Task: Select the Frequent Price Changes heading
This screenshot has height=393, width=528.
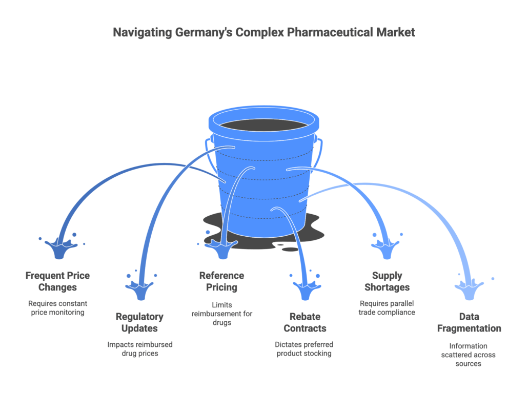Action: tap(57, 281)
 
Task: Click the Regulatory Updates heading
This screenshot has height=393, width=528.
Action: tap(139, 322)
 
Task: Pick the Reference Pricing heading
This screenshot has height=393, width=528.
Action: tap(221, 281)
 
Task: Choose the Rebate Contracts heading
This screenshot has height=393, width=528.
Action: tap(304, 322)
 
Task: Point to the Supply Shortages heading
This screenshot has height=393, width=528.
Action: tap(387, 281)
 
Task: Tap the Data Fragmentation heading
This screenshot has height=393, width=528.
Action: tap(469, 322)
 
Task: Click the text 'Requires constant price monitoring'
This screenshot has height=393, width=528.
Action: tap(57, 307)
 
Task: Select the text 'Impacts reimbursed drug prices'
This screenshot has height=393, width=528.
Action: tap(139, 348)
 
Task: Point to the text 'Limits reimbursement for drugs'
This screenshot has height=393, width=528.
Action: tap(221, 314)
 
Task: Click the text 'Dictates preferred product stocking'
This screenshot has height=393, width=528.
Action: tap(304, 348)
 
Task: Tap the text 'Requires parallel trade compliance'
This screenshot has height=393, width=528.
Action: tap(387, 307)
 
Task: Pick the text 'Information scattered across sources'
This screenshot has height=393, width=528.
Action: tap(469, 355)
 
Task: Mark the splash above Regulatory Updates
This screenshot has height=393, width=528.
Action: tap(141, 289)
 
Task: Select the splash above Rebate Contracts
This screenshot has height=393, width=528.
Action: tap(307, 289)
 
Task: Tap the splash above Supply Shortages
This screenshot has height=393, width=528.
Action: tap(384, 248)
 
